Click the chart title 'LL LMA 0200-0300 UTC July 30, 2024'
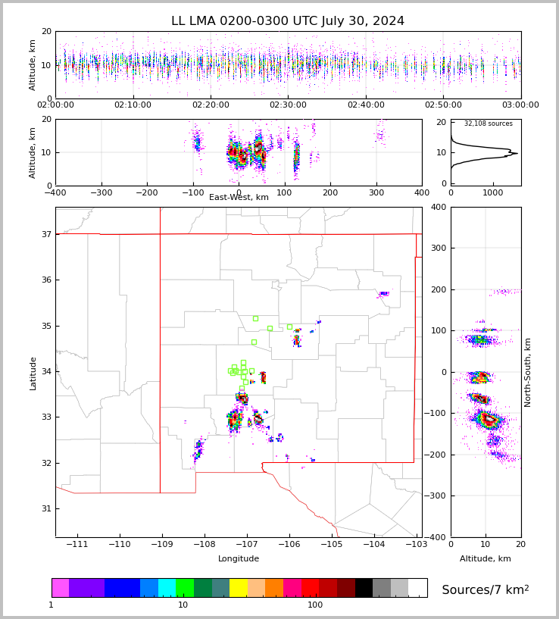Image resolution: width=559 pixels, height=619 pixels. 288,21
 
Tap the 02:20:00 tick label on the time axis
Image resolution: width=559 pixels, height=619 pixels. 211,105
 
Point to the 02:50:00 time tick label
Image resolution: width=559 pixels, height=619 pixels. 443,105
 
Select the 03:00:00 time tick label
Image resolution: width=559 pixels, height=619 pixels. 520,105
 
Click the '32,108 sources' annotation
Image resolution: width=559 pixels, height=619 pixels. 488,123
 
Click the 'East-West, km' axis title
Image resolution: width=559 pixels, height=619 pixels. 239,198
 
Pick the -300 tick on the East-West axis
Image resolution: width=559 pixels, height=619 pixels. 101,193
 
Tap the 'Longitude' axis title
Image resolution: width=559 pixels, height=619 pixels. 239,559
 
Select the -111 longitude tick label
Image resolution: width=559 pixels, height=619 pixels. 77,545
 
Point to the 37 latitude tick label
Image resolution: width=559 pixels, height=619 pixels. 45,235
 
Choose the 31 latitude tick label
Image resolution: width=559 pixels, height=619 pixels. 45,508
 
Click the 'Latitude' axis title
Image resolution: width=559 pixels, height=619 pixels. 33,373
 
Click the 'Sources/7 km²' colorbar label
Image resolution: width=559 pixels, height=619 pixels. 485,589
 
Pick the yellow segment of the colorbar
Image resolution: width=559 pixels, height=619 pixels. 238,588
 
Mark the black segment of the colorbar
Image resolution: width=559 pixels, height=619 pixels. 364,588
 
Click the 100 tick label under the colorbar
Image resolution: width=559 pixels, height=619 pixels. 314,605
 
